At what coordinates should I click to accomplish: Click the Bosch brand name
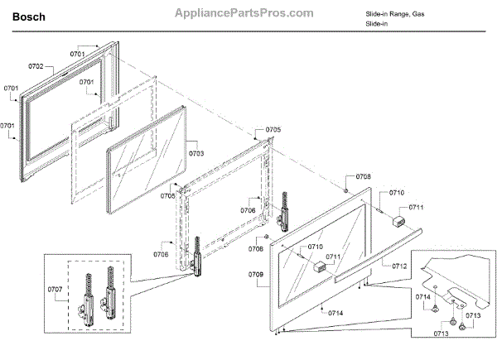coord(29,16)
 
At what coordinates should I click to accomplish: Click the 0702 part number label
coord(36,65)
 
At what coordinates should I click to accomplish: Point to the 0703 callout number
coord(197,154)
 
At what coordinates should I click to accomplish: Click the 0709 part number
coord(255,273)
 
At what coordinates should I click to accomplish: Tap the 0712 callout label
coord(400,266)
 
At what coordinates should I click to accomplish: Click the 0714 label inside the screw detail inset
coord(422,296)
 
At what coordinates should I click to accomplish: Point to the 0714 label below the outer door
coord(335,313)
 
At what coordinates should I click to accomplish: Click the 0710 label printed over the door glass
coord(315,247)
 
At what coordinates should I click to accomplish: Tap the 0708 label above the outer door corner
coord(364,177)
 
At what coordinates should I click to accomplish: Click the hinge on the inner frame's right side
coord(285,212)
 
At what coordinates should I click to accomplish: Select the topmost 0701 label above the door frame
coord(77,53)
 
